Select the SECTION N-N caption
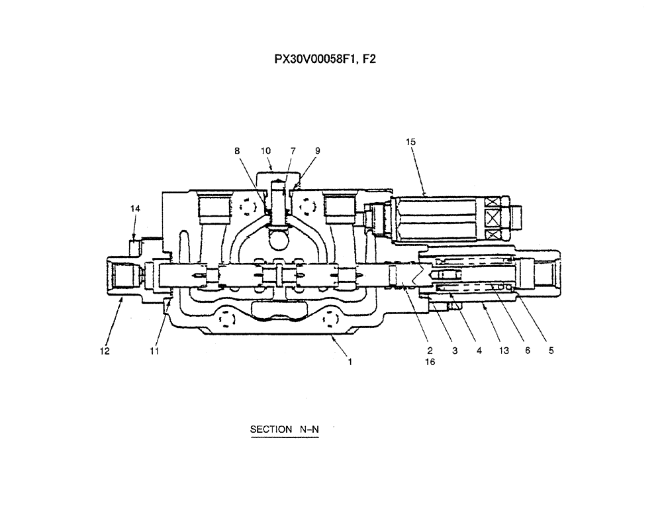pos(284,429)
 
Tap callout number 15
pos(410,142)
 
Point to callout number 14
pos(135,209)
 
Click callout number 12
pos(105,351)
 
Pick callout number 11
pos(154,351)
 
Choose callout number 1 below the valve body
pos(350,362)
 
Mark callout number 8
pos(237,151)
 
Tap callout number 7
pos(293,151)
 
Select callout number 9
pos(317,151)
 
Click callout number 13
pos(504,351)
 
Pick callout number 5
pos(551,351)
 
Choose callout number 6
pos(528,351)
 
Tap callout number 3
pos(455,351)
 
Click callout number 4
pos(479,351)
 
